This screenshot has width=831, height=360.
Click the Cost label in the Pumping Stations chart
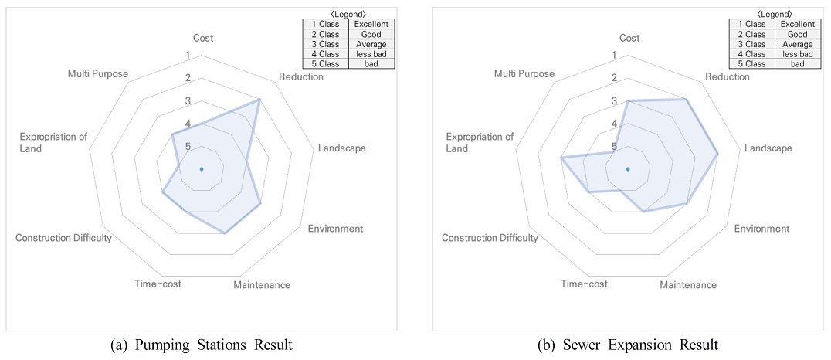(202, 38)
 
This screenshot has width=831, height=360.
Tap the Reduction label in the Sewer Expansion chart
(728, 77)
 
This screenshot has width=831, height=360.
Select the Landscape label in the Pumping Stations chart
(342, 148)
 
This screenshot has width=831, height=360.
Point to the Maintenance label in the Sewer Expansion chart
(688, 285)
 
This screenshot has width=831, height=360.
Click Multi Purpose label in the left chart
(98, 73)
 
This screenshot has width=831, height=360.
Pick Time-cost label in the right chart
(585, 284)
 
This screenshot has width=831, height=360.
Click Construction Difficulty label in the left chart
(63, 238)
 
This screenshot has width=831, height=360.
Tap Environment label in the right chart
(762, 229)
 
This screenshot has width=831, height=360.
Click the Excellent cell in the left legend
(371, 24)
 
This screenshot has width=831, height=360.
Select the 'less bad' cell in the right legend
(798, 54)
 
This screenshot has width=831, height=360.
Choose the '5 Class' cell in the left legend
(325, 64)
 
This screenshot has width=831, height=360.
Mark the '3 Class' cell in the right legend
(752, 44)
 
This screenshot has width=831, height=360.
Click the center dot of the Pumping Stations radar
(202, 169)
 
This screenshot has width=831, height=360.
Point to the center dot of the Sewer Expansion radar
(628, 169)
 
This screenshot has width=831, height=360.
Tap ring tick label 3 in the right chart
(615, 100)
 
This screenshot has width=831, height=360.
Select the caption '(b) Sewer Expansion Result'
(627, 346)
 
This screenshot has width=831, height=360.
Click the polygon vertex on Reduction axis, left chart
(259, 100)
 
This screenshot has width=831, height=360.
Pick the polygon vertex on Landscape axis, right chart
(717, 154)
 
